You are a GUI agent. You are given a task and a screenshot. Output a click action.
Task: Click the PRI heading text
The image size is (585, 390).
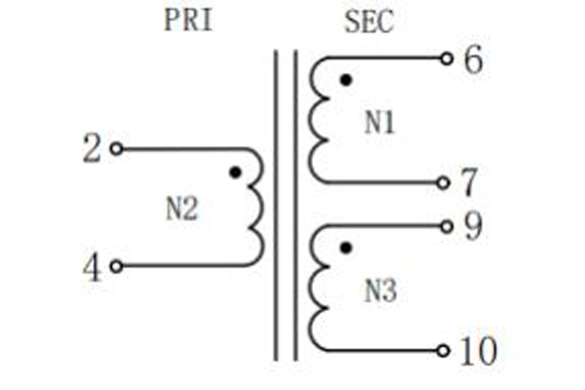tap(188, 19)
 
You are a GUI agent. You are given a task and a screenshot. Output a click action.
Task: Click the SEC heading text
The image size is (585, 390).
tap(369, 21)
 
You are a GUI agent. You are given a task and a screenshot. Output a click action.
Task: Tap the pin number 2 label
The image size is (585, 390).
tap(92, 148)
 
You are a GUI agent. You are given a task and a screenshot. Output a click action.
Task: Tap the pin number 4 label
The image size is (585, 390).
tap(92, 268)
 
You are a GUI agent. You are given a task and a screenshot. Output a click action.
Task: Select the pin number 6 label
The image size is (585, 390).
tap(473, 58)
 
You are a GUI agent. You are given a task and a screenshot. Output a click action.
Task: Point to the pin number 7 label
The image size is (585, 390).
tap(469, 182)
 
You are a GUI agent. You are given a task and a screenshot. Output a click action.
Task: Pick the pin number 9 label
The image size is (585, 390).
tap(473, 226)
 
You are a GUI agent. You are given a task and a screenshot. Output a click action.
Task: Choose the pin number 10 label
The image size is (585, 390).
tap(479, 350)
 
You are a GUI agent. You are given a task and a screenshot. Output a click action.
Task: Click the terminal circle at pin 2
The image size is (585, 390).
tap(116, 149)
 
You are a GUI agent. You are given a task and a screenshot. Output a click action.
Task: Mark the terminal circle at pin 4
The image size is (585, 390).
tap(116, 266)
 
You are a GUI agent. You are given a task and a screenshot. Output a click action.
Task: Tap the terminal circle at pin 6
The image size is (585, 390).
tap(447, 58)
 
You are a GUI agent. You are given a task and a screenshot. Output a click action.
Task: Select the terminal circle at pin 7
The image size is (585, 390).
tap(444, 183)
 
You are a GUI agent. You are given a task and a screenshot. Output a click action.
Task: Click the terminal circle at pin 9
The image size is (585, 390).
tap(447, 226)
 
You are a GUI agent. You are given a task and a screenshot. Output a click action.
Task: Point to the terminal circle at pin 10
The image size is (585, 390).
tap(444, 351)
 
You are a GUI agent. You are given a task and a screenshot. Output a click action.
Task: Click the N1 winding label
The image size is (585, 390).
tap(379, 123)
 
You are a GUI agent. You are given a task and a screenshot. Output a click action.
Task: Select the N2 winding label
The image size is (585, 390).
tap(181, 209)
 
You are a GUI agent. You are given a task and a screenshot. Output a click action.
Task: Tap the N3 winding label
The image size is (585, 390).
tap(380, 291)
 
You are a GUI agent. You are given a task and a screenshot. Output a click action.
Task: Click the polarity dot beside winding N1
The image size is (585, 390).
tap(346, 80)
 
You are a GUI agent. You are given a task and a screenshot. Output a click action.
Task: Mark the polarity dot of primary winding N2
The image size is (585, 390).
tap(235, 173)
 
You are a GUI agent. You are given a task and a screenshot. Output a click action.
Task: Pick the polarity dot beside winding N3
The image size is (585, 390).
tap(346, 248)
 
